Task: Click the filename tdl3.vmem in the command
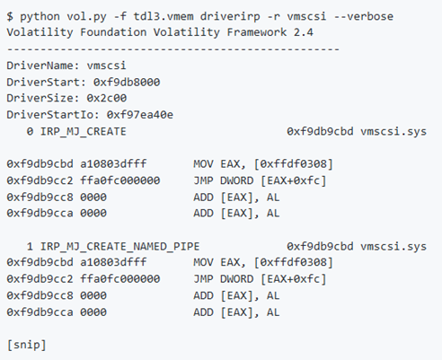click(x=164, y=16)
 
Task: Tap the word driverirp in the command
click(x=230, y=17)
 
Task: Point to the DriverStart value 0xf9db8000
click(x=127, y=82)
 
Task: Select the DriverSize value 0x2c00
click(x=107, y=98)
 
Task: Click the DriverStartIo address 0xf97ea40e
click(x=140, y=115)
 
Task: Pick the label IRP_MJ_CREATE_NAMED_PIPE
click(x=119, y=247)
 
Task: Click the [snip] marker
click(x=27, y=345)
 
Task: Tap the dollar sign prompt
click(x=10, y=16)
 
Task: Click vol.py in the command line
click(x=86, y=17)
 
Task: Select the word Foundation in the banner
click(x=113, y=32)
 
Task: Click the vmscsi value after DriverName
click(x=107, y=66)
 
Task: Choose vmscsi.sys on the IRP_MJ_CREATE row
click(x=393, y=132)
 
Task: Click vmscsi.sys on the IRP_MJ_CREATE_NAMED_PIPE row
click(x=393, y=247)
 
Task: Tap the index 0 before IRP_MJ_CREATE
click(x=30, y=131)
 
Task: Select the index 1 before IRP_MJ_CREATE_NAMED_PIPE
click(x=30, y=246)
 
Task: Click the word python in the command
click(x=40, y=17)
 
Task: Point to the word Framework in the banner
click(x=257, y=32)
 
